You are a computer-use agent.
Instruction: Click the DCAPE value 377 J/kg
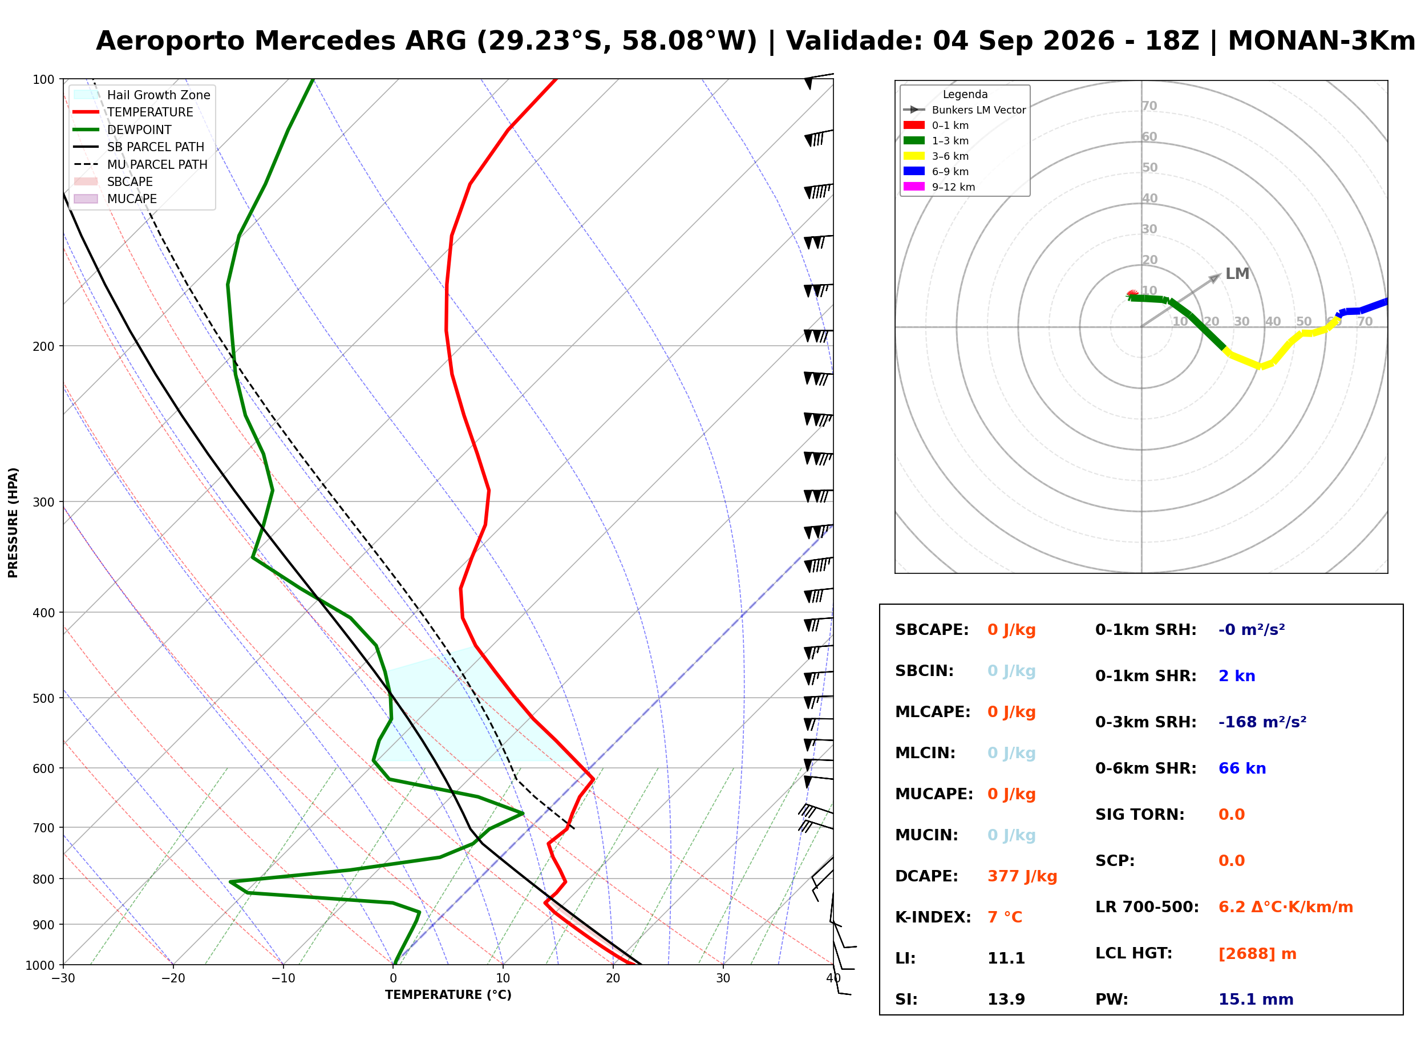(x=1022, y=876)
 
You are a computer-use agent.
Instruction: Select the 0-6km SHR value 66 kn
(x=1242, y=768)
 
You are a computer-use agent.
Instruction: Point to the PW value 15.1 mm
(x=1256, y=999)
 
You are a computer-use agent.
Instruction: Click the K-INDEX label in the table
(x=933, y=917)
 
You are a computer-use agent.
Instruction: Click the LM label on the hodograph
(x=1237, y=274)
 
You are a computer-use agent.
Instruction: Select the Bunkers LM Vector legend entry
(x=964, y=110)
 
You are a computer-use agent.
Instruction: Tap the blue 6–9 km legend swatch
(x=914, y=171)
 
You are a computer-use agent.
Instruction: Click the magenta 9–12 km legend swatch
(x=914, y=187)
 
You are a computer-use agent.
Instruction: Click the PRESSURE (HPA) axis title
(x=13, y=522)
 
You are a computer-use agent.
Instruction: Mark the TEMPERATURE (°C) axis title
(x=448, y=995)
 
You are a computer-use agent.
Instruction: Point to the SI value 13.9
(x=1006, y=999)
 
